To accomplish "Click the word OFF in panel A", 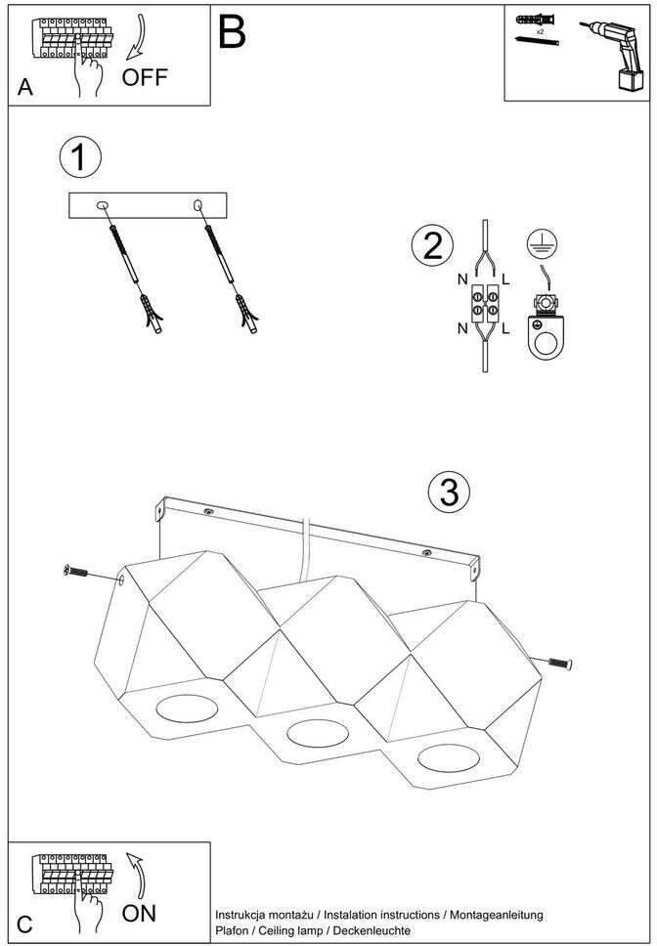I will tap(145, 77).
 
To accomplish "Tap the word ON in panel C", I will tap(140, 914).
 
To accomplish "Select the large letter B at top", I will tap(232, 32).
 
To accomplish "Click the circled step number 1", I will tap(79, 157).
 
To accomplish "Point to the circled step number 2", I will tap(432, 245).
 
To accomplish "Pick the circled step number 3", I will tap(449, 493).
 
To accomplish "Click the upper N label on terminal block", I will tap(461, 279).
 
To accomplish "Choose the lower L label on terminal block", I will tap(505, 329).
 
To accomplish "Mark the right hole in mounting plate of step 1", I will tap(198, 204).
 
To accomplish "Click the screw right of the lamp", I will tap(558, 665).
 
